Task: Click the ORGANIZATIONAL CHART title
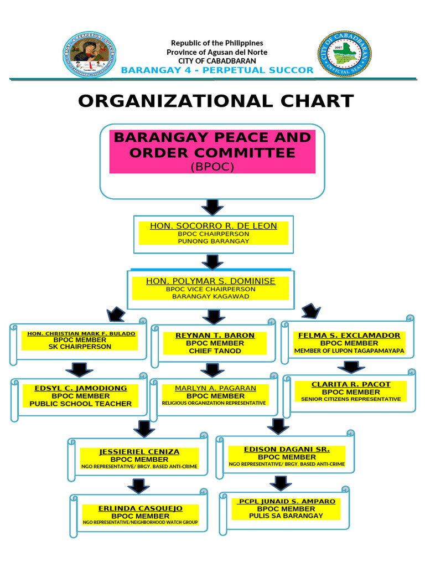[216, 101]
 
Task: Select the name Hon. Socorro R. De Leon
[214, 226]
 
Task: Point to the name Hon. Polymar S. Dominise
[210, 281]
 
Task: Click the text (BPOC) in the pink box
[212, 166]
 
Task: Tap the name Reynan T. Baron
[215, 336]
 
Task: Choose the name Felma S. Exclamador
[349, 336]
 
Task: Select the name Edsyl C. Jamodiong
[81, 388]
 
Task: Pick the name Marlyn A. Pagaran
[216, 388]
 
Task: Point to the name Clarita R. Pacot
[351, 384]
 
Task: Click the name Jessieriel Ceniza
[139, 452]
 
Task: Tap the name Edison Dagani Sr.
[287, 449]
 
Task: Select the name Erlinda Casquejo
[141, 508]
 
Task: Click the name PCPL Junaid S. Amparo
[287, 501]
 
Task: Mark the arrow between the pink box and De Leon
[212, 207]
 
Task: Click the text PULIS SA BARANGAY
[286, 516]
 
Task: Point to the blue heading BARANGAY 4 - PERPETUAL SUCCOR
[217, 70]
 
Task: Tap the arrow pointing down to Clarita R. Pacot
[350, 367]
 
